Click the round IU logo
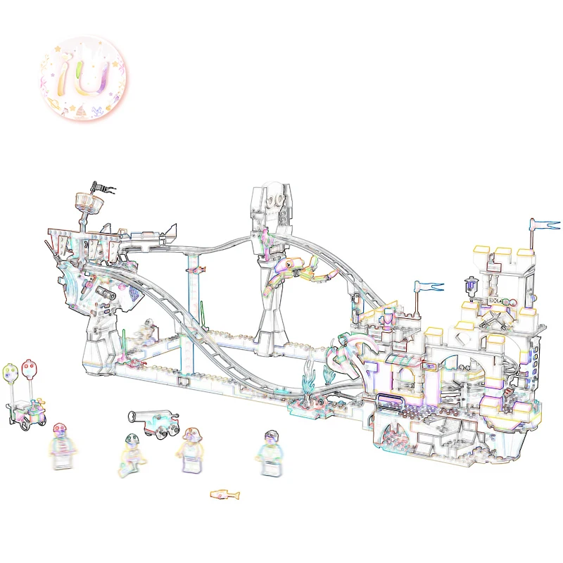coord(83,78)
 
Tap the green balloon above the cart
coord(10,372)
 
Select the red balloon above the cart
coord(30,369)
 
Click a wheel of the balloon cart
coord(26,426)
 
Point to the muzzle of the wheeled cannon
coord(132,417)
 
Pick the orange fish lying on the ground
coord(224,495)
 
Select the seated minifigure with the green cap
coord(132,455)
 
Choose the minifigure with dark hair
coord(270,453)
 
